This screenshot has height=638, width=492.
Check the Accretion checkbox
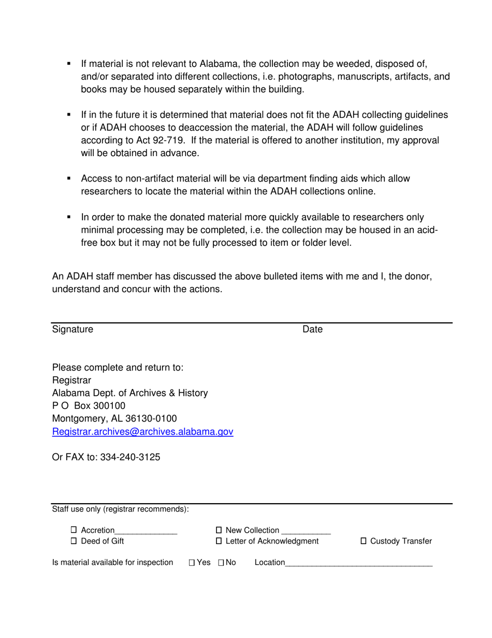tap(74, 530)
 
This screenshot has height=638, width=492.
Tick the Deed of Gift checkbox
tap(74, 541)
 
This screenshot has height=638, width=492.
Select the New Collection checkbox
tap(219, 530)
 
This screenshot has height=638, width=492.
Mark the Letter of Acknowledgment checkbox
tap(219, 541)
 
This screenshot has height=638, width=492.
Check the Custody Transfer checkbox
tap(363, 541)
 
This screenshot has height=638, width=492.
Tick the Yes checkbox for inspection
tap(192, 562)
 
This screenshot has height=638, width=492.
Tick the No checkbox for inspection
tap(221, 562)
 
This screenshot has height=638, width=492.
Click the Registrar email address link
tap(142, 432)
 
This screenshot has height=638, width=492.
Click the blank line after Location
tap(358, 563)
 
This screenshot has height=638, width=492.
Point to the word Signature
tap(73, 329)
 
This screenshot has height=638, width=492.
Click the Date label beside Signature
tap(312, 329)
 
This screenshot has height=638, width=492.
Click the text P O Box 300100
tap(89, 406)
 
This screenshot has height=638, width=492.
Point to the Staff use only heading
tap(120, 509)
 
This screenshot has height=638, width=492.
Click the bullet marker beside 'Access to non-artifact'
tap(69, 178)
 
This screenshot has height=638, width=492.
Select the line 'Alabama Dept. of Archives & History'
tap(130, 393)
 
